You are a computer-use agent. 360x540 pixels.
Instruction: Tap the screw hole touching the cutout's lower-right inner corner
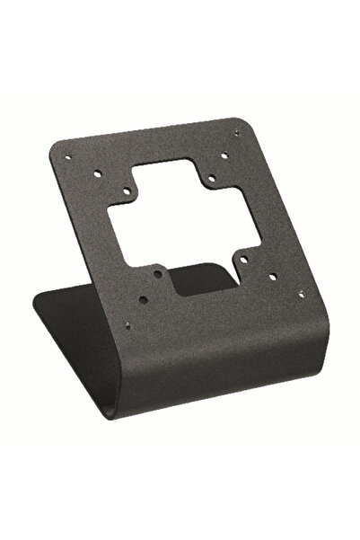pyautogui.click(x=243, y=260)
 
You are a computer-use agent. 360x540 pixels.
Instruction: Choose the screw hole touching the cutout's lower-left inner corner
pyautogui.click(x=158, y=273)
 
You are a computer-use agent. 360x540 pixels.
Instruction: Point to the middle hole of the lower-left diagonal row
pyautogui.click(x=143, y=299)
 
